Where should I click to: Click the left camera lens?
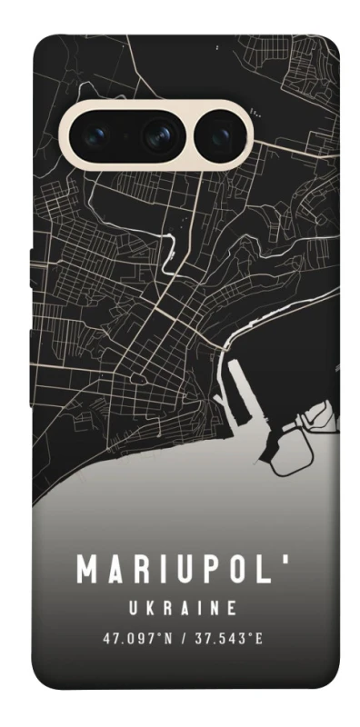pos(98,135)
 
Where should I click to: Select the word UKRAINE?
pos(182,607)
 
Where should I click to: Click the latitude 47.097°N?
pos(137,638)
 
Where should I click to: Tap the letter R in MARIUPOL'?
pos(141,570)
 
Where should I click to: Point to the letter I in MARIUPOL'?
pos(164,570)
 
